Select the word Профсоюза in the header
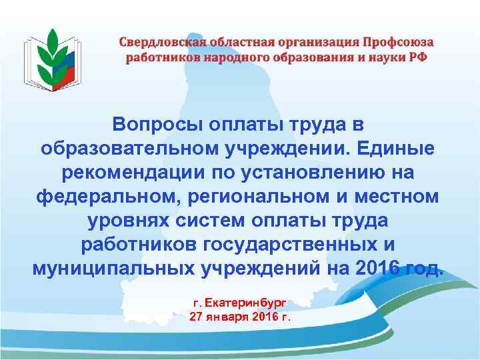coord(397,42)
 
